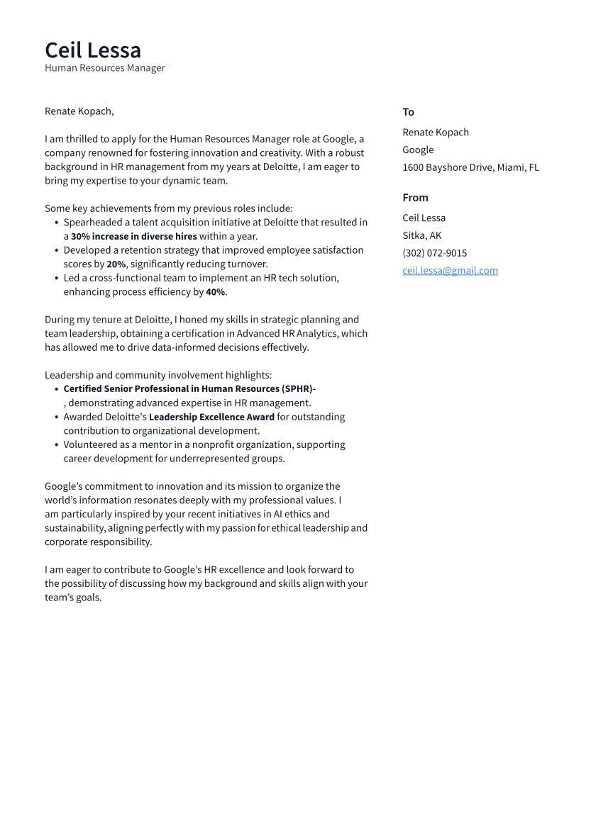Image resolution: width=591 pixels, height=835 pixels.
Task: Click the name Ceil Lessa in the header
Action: pyautogui.click(x=93, y=50)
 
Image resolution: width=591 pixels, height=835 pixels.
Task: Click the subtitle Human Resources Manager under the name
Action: pyautogui.click(x=105, y=68)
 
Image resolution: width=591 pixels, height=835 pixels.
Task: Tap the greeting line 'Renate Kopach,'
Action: pyautogui.click(x=79, y=111)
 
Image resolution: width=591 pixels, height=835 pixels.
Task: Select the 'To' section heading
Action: pyautogui.click(x=408, y=112)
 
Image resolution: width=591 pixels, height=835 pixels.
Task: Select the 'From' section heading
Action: pyautogui.click(x=415, y=198)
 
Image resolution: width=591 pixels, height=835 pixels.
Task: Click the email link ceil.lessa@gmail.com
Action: pyautogui.click(x=450, y=271)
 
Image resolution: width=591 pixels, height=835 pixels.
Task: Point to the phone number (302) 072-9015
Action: pyautogui.click(x=434, y=253)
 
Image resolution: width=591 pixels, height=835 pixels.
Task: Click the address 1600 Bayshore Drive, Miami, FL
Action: pyautogui.click(x=470, y=168)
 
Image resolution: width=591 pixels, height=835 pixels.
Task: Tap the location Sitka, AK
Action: pyautogui.click(x=421, y=235)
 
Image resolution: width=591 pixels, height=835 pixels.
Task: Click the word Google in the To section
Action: pyautogui.click(x=418, y=150)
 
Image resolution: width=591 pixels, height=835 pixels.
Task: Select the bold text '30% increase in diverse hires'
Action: pyautogui.click(x=134, y=237)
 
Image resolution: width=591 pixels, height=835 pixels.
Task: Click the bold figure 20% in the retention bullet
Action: pyautogui.click(x=116, y=264)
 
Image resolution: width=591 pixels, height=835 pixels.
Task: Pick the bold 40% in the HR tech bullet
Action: pyautogui.click(x=216, y=292)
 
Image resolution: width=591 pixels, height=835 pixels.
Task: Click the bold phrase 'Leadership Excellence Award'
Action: pyautogui.click(x=211, y=417)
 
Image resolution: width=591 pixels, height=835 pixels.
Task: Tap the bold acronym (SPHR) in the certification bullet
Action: pyautogui.click(x=297, y=389)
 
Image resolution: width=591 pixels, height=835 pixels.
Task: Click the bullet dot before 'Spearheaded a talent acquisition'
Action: pyautogui.click(x=57, y=223)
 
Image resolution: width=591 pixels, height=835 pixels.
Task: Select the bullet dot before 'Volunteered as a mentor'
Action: pyautogui.click(x=57, y=445)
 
